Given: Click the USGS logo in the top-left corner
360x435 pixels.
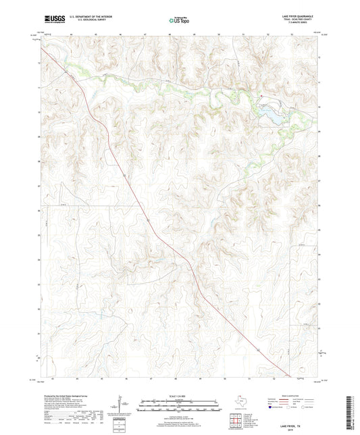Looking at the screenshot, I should (x=53, y=20).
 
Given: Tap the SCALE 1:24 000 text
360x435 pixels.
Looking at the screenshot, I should (x=180, y=396).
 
